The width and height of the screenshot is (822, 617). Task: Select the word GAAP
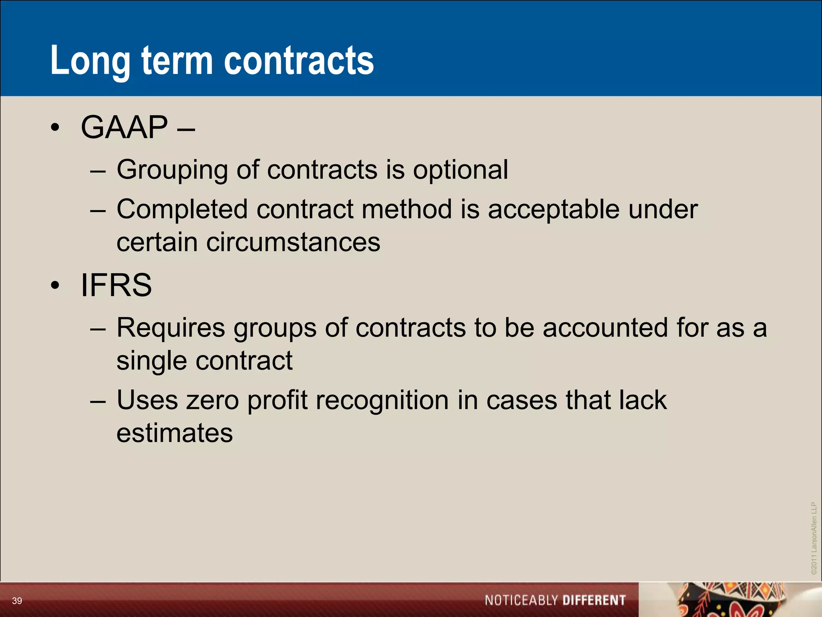click(x=124, y=127)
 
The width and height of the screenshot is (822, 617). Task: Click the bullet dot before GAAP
click(x=55, y=128)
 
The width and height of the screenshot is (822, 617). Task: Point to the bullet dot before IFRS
click(x=55, y=285)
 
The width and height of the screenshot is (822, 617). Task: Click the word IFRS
click(x=116, y=285)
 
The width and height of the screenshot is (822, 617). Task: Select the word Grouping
click(x=172, y=170)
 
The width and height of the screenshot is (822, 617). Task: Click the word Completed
click(x=182, y=209)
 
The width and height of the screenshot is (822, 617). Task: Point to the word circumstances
click(x=293, y=242)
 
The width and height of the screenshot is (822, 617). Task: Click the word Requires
click(x=171, y=328)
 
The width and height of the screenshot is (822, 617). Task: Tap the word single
click(x=151, y=361)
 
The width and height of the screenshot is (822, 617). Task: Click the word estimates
click(x=175, y=433)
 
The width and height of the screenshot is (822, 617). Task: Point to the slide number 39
click(x=17, y=601)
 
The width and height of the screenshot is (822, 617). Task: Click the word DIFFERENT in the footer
click(x=594, y=601)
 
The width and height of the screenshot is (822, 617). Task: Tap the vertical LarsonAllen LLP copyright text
click(x=814, y=538)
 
